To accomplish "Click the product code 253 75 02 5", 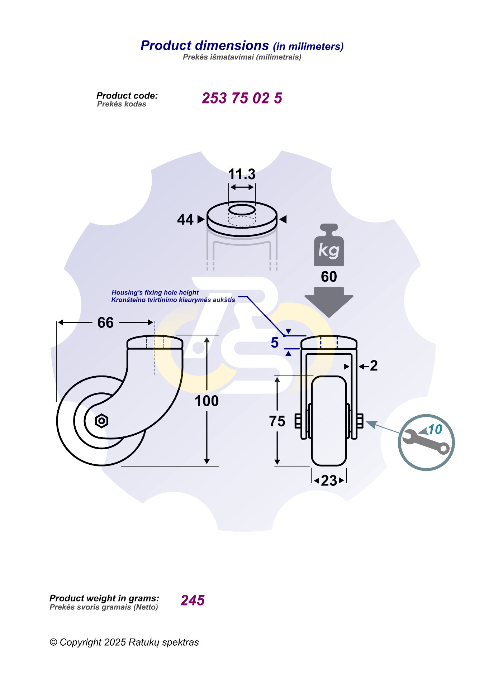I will coord(242,98).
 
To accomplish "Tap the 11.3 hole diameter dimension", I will coord(242,174).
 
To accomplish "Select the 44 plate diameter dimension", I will coord(185,219).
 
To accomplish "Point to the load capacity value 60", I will coord(329,277).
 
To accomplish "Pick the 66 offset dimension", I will coord(105,322).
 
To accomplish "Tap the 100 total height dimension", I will coord(207,401).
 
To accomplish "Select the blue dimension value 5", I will coord(275,343).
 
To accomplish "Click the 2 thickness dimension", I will coord(374,366).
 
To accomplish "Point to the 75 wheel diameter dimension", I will coord(277,421).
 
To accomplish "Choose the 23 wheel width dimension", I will coord(329,480).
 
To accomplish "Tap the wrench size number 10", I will coord(435,429).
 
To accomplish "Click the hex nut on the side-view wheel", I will coord(101,421).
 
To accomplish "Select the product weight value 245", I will coord(193,600).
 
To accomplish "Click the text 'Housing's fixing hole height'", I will coord(155,292).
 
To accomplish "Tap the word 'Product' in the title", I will coord(166,46).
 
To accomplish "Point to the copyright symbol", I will coord(53,642).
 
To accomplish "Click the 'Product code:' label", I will coord(127,96).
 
